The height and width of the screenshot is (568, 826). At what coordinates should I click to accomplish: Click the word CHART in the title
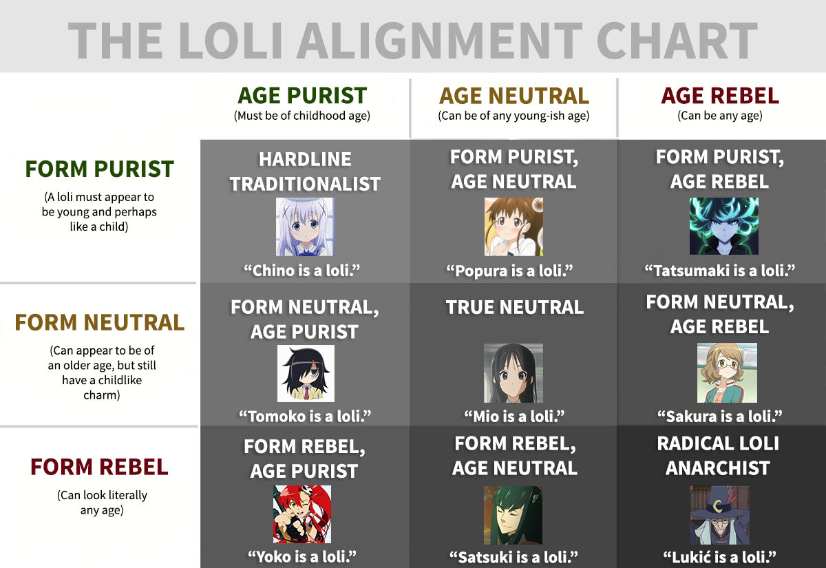click(677, 41)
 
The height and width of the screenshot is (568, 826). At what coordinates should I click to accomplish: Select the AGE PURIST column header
click(302, 96)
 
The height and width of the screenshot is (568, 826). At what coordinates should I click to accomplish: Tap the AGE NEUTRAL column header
click(513, 96)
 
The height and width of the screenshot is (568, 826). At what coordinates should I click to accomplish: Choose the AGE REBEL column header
click(720, 96)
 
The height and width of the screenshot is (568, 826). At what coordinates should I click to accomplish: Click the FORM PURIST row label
click(99, 169)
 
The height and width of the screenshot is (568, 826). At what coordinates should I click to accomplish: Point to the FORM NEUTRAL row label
click(100, 322)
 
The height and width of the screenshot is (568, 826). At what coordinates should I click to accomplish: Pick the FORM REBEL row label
click(99, 467)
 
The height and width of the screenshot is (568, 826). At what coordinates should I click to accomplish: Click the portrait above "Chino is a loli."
click(305, 227)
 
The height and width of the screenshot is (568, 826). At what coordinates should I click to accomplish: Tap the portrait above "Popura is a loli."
click(513, 227)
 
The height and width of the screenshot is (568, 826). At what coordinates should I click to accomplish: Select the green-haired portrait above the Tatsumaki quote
click(724, 226)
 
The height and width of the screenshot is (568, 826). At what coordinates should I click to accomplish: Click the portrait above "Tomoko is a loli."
click(306, 373)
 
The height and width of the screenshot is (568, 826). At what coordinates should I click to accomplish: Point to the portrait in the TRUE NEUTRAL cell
click(513, 373)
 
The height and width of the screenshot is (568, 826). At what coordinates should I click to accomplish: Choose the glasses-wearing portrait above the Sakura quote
click(727, 372)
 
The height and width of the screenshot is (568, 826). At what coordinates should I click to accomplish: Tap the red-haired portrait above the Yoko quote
click(302, 514)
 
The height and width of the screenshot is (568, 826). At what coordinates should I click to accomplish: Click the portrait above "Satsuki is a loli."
click(513, 515)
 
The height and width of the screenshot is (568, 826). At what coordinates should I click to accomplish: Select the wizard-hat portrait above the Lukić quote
click(719, 515)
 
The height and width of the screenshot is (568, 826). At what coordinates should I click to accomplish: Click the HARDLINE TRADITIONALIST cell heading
click(304, 171)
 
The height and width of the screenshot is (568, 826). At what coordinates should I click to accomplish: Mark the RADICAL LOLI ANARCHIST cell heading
click(718, 456)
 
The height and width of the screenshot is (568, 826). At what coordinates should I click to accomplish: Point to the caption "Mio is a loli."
click(514, 417)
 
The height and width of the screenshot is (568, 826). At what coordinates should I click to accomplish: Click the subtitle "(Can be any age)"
click(720, 116)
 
